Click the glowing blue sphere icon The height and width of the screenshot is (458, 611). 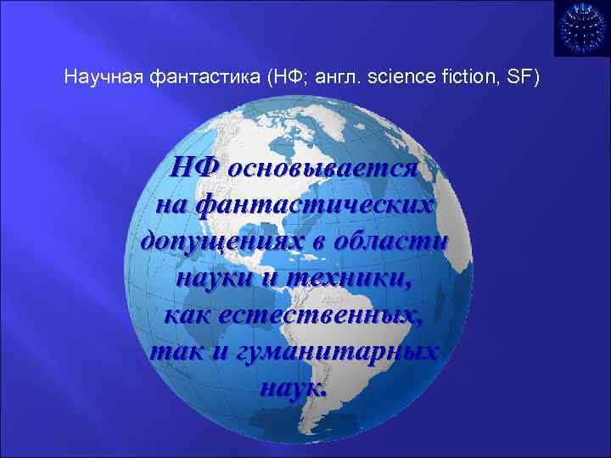(581, 28)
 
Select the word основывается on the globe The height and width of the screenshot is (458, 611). (328, 167)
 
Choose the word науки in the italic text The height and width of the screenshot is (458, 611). (215, 276)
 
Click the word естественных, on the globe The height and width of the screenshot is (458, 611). (323, 314)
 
